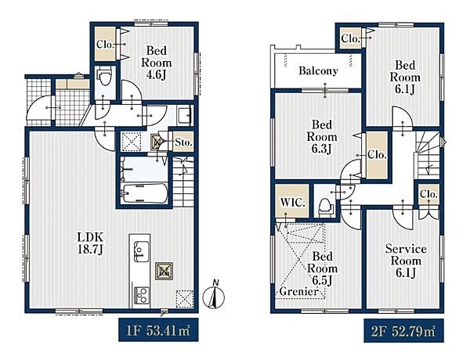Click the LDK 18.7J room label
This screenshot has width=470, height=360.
coord(90,243)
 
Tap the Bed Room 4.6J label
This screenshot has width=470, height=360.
coord(156,63)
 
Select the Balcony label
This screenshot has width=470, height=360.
coord(318,71)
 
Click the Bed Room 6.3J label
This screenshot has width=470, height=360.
coord(322,137)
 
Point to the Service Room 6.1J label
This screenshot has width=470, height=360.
coord(406,261)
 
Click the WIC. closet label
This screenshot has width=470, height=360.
coord(292,203)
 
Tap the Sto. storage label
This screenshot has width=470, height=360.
coord(183,142)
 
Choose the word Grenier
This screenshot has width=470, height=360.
coord(299,291)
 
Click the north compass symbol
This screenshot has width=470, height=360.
coord(214,294)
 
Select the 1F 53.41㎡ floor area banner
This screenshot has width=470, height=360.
coord(158,329)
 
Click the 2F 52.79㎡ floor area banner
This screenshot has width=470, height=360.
coord(403,331)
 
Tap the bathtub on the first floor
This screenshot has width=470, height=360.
coord(145,193)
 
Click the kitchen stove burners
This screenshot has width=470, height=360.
coord(141,295)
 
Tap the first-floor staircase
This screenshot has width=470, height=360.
coord(183,182)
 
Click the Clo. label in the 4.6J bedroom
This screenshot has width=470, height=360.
coord(105,45)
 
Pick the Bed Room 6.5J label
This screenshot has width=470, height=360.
coord(322,268)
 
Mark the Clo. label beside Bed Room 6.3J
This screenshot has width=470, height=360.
coord(377,155)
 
